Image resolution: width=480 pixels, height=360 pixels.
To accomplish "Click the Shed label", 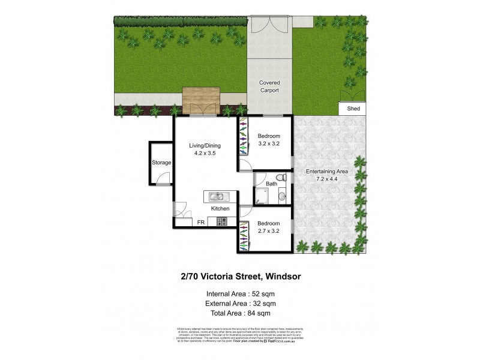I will click(353, 109).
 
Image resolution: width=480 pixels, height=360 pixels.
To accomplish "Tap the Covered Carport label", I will click(269, 86).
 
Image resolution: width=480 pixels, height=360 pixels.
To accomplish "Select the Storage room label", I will click(161, 163).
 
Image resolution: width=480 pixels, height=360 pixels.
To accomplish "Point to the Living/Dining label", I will click(205, 149).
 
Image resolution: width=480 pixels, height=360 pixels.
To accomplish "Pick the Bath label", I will click(272, 184).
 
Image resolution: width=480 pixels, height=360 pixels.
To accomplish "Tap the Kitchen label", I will click(220, 208).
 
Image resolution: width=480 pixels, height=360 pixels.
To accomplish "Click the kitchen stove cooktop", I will click(221, 222).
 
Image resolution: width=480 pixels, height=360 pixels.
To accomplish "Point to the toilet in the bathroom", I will click(281, 178).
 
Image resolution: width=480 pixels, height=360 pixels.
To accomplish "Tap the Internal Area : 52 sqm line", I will click(241, 293).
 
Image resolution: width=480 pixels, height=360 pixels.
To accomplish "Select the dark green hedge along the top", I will click(181, 21).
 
